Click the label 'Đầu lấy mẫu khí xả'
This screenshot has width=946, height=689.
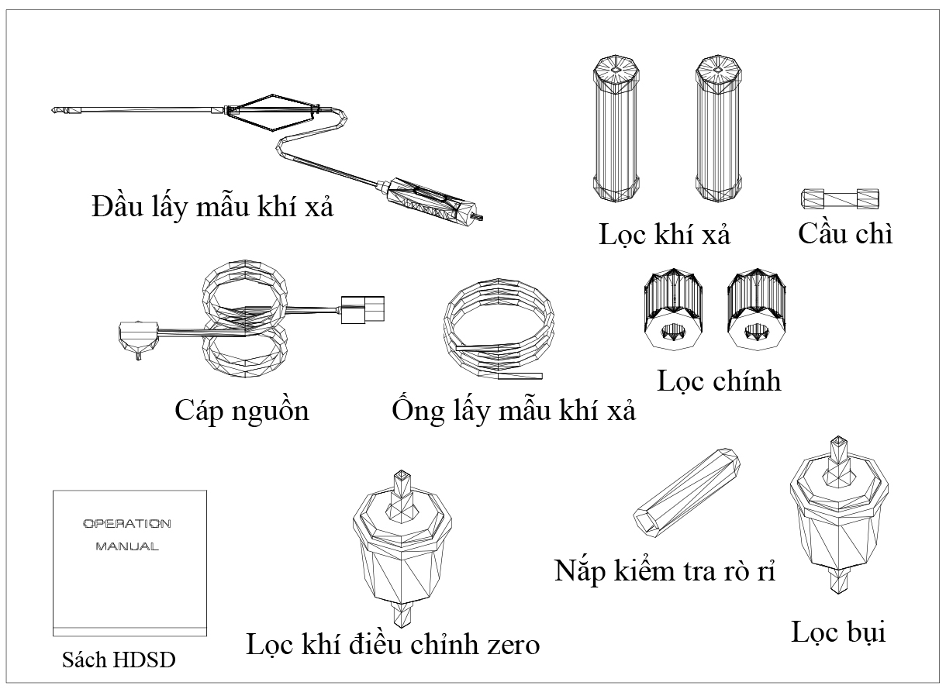pos(212,207)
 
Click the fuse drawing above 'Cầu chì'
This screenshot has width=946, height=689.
pos(839,198)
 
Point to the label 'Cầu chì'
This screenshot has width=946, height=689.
pos(845,233)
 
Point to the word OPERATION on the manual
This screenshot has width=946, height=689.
pos(127,523)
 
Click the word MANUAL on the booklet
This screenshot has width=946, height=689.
pos(127,546)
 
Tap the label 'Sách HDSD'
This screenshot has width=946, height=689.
pos(119,660)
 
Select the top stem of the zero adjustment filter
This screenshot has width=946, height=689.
pos(402,487)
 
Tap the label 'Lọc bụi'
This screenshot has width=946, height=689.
pos(838,632)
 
